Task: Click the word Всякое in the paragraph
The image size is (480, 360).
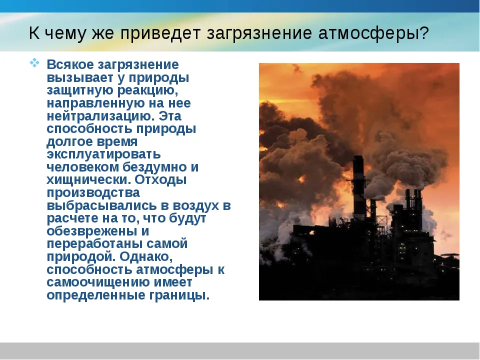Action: tap(70, 64)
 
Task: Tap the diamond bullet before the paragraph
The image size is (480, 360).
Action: tap(34, 63)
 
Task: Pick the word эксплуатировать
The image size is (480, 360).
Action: tap(104, 154)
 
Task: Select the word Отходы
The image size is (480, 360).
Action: tap(160, 180)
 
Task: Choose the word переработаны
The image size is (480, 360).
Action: tap(94, 244)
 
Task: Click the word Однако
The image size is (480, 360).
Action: tap(146, 256)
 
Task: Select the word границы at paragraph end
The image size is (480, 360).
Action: tap(179, 295)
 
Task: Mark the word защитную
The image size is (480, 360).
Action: tap(80, 90)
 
